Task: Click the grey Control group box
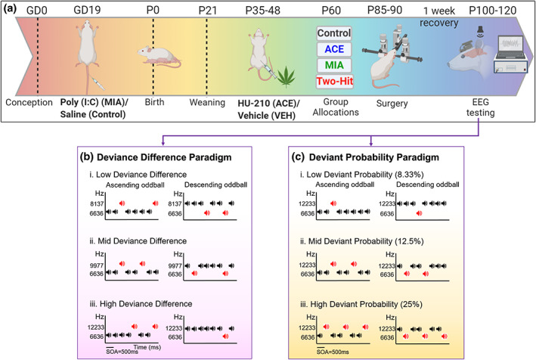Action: pos(335,34)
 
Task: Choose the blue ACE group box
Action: pos(335,49)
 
